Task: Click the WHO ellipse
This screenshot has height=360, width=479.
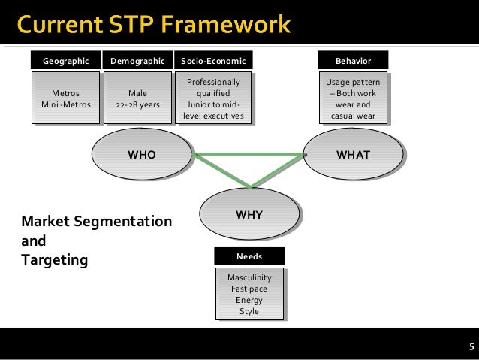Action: tap(140, 155)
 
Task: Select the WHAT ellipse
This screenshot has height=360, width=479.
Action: tap(353, 155)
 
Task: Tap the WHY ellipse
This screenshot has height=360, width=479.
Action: tap(249, 215)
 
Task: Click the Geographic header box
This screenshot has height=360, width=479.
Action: tap(65, 60)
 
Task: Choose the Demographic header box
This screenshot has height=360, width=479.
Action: tap(137, 60)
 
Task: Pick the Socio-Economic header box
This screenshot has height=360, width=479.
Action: tap(213, 60)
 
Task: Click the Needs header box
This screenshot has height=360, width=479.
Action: tap(249, 256)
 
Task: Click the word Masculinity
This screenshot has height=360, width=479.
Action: tap(249, 278)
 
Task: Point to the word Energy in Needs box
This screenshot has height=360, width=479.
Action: tap(249, 301)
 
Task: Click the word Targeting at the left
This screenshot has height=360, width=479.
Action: tap(55, 260)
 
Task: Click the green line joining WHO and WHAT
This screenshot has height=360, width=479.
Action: tap(248, 155)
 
